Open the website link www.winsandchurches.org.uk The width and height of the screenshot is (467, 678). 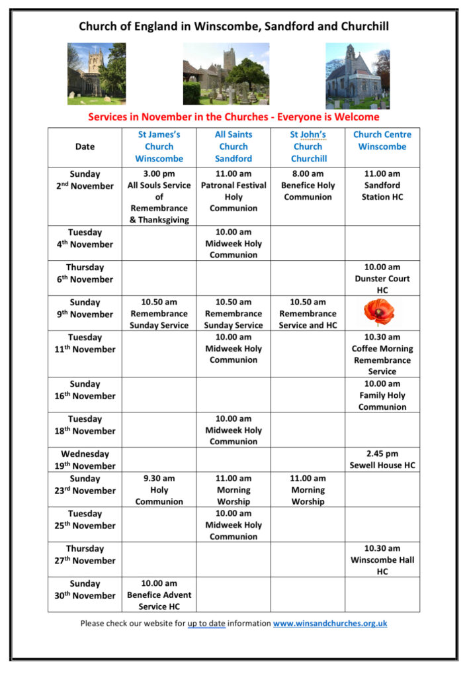[329, 623]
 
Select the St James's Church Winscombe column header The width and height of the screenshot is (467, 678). [159, 146]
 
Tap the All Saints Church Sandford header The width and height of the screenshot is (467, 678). [233, 146]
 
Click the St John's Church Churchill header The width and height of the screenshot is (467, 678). [308, 146]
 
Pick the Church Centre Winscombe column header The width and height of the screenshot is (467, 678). [382, 140]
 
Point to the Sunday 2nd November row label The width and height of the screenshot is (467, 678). [85, 180]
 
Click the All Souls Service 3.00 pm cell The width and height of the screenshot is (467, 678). [159, 197]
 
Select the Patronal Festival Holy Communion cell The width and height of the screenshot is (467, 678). [233, 191]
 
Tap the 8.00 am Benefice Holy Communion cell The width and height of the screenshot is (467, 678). [308, 185]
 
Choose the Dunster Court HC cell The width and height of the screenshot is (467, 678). [382, 279]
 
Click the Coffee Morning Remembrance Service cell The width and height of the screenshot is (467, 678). [382, 354]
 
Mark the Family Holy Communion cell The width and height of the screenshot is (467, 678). [382, 395]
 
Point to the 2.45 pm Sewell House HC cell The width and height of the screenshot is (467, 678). [382, 460]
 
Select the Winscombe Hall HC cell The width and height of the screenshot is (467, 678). [382, 559]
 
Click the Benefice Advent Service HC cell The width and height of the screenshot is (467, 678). [159, 595]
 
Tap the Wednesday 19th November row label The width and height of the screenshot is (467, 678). [85, 460]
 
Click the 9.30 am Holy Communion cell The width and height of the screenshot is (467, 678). [159, 490]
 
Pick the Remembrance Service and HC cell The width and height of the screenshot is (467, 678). [308, 314]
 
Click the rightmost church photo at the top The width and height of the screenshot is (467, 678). [358, 75]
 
